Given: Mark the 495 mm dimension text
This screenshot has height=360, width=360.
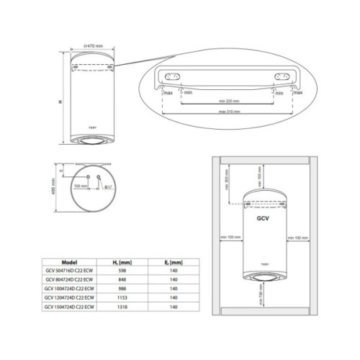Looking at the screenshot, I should click(55, 186).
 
